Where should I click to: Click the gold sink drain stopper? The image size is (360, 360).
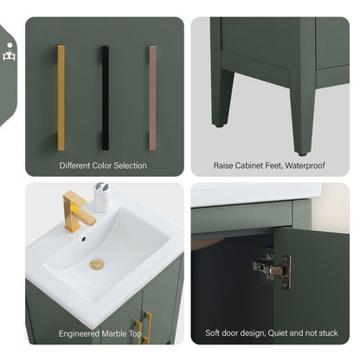(x=96, y=264)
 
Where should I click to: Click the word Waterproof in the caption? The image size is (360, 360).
(x=301, y=165)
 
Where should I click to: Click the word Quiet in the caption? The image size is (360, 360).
(x=273, y=333)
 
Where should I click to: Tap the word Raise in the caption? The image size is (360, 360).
(x=224, y=165)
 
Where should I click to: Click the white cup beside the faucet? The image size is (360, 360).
(x=102, y=198)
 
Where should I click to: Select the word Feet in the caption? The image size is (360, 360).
(x=270, y=165)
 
